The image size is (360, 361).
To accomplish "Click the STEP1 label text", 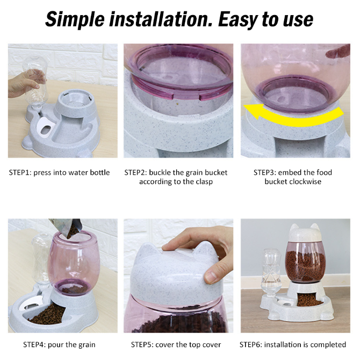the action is (19, 173).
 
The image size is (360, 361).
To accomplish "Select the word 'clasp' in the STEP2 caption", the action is (204, 182).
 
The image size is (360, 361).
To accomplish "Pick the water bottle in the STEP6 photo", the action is (271, 272).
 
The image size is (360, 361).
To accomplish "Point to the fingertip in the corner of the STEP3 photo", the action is (337, 52).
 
